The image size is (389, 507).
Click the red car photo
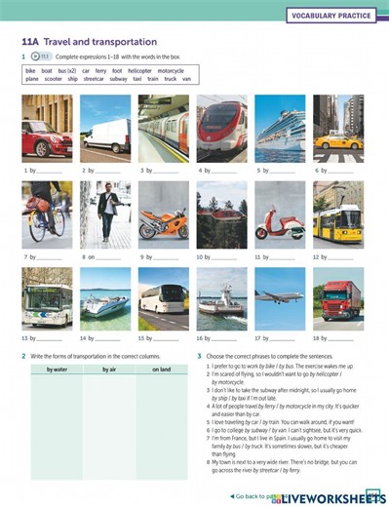(46, 131)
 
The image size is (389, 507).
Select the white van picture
(103, 131)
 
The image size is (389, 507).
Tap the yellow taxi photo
(337, 131)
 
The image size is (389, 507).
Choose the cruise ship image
(279, 131)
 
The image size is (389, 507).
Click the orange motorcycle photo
(162, 215)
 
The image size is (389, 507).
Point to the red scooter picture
(279, 215)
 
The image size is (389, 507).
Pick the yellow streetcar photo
(337, 215)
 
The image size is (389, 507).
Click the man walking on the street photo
(103, 215)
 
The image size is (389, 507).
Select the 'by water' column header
(56, 369)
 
